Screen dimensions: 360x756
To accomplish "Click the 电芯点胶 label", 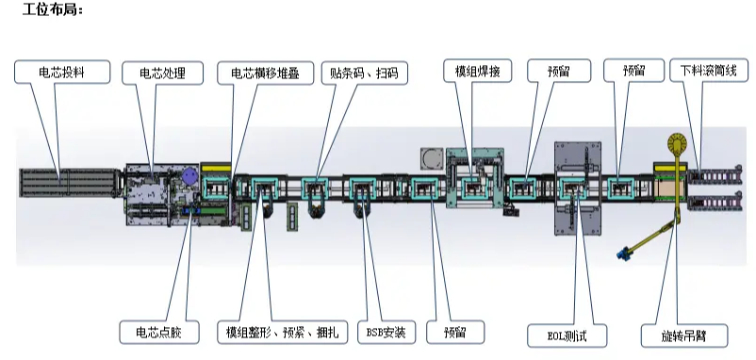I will tap(157, 332).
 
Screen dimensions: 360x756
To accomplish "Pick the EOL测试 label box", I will tap(567, 334).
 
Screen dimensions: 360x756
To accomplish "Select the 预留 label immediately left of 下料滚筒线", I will tap(638, 73).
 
